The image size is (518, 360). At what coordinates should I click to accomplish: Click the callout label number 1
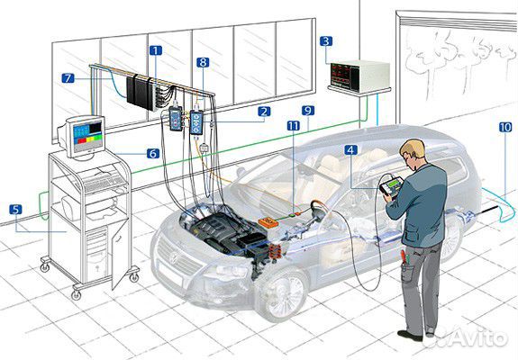click(x=156, y=50)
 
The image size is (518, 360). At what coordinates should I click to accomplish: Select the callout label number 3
click(x=326, y=41)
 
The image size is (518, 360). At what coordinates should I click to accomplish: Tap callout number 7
click(x=68, y=78)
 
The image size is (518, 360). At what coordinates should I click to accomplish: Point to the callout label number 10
click(x=505, y=127)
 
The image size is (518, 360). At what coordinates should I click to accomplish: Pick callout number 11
click(x=294, y=126)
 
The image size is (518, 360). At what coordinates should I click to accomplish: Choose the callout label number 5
click(x=15, y=210)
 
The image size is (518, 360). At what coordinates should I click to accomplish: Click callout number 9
click(x=308, y=111)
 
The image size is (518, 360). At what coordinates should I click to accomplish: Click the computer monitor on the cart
click(x=83, y=136)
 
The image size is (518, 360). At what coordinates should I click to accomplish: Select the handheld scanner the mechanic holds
click(x=392, y=187)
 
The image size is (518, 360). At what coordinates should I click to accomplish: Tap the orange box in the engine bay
click(x=268, y=222)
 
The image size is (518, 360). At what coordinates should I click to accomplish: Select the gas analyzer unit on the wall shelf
click(x=360, y=76)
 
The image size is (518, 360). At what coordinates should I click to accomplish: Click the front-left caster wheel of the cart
click(x=76, y=294)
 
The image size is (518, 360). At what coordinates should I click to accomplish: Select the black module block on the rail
click(x=141, y=93)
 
